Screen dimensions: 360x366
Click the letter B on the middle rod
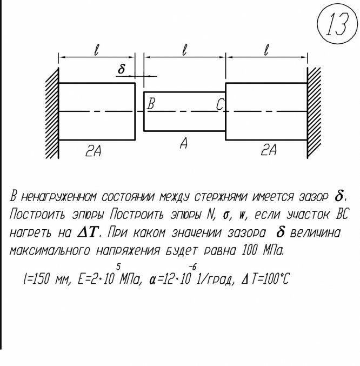151,104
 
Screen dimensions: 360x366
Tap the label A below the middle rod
184,144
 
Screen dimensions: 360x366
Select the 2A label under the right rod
269,151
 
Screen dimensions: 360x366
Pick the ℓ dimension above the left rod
97,50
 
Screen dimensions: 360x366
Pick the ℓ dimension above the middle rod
185,50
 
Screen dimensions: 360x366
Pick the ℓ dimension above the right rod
266,50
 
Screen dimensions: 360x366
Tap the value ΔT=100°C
264,280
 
